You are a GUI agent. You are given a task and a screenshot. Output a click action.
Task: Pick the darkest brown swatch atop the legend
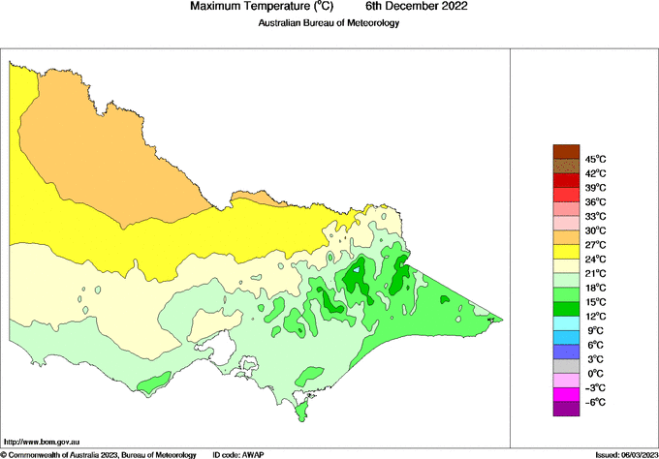(565, 151)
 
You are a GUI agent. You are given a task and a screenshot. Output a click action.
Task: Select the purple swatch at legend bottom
(565, 409)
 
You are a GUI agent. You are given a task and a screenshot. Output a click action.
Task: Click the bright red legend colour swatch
(565, 180)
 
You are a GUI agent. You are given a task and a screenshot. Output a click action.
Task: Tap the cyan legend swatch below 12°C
(565, 322)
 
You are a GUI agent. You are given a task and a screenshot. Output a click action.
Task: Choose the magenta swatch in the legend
(565, 394)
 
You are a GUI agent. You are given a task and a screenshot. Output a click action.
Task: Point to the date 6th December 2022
(409, 7)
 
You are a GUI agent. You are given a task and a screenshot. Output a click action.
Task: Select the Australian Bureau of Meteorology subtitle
(329, 22)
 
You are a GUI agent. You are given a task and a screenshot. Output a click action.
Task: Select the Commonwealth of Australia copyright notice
(97, 453)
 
